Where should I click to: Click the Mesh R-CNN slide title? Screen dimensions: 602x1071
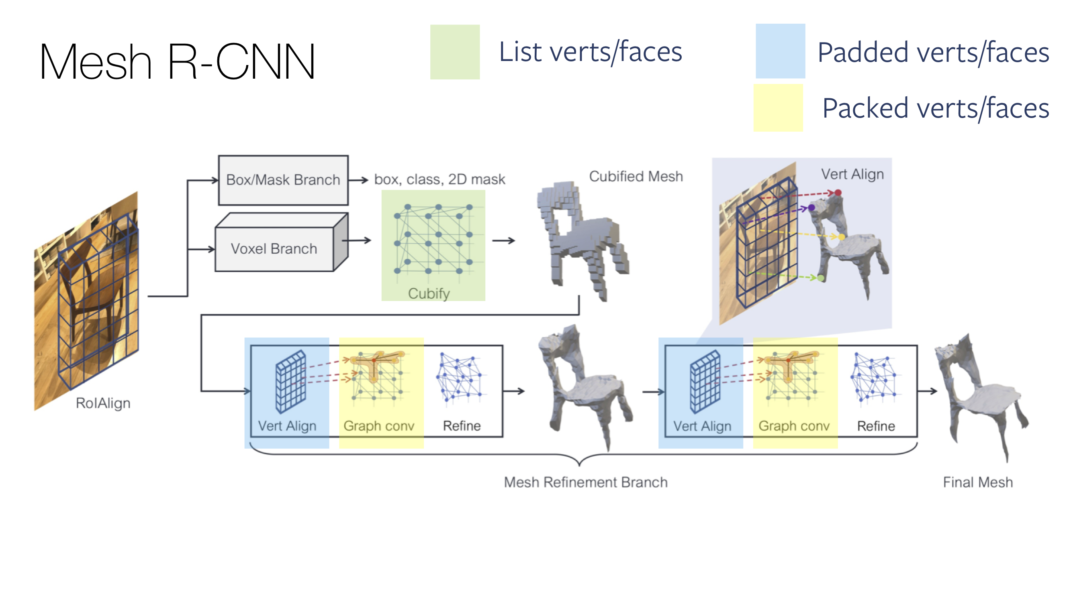(x=177, y=61)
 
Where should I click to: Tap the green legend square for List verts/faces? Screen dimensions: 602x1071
(x=455, y=52)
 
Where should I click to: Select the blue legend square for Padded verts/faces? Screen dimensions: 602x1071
(x=780, y=51)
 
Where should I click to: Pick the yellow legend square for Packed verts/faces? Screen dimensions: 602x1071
(x=778, y=108)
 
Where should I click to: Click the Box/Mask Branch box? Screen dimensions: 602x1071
(x=283, y=180)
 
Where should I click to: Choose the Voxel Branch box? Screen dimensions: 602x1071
(x=274, y=248)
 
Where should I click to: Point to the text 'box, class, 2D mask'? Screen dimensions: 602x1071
(x=439, y=179)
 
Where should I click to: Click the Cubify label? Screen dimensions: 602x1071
(x=429, y=293)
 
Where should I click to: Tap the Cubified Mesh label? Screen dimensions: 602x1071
(x=636, y=177)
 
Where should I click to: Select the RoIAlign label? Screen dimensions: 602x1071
(x=103, y=403)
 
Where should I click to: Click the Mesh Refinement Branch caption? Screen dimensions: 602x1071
(x=585, y=482)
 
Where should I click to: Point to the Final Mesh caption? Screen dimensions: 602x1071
(x=977, y=482)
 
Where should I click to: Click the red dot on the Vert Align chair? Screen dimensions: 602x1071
(x=838, y=193)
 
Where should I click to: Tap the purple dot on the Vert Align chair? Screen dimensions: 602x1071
(x=811, y=207)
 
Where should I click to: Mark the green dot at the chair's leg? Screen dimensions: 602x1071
(x=821, y=278)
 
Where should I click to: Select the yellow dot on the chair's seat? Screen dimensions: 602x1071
(x=842, y=237)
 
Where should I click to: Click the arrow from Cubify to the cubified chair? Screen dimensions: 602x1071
(x=503, y=240)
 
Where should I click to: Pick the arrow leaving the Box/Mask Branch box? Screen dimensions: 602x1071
(x=358, y=180)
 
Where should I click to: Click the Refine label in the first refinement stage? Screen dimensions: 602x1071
(x=462, y=426)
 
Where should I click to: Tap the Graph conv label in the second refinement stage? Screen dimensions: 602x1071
(x=794, y=426)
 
